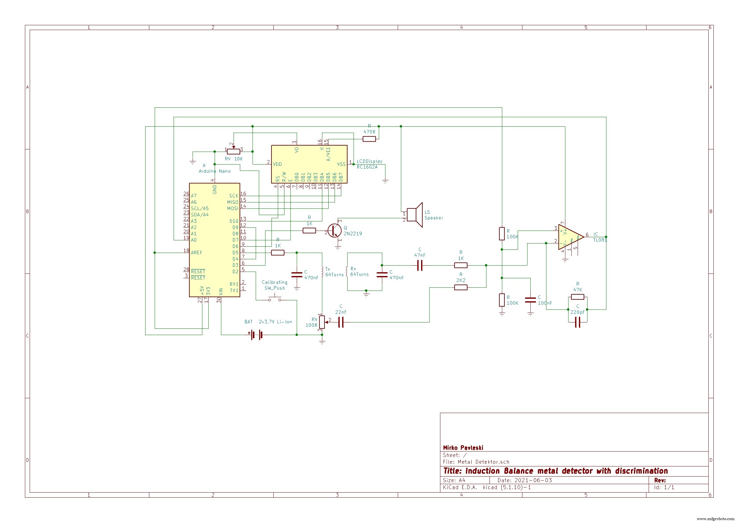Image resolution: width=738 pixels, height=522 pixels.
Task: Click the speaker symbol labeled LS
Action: [x=415, y=214]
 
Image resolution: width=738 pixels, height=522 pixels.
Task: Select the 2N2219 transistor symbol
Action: [x=335, y=231]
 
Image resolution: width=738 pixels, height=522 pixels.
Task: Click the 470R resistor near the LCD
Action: [x=369, y=139]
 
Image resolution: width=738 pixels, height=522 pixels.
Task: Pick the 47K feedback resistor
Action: [x=577, y=297]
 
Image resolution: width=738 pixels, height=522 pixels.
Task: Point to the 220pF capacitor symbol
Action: [x=577, y=322]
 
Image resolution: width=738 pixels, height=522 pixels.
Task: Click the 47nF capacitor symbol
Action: [x=420, y=265]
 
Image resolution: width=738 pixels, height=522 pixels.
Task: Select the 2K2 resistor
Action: [x=461, y=288]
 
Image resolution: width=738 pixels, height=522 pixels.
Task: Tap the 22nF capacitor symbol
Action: [x=341, y=322]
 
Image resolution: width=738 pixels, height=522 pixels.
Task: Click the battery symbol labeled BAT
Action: [x=256, y=335]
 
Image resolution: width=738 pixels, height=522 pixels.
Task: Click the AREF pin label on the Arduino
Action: [x=196, y=253]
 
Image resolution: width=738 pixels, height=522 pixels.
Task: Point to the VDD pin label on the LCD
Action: [x=277, y=164]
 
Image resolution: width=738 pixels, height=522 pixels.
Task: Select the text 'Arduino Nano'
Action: [x=214, y=171]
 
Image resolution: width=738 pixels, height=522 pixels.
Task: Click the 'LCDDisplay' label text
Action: [x=369, y=161]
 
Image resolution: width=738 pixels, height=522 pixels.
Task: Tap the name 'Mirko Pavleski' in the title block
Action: [x=463, y=448]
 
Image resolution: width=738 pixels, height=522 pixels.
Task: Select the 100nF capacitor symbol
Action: [x=530, y=300]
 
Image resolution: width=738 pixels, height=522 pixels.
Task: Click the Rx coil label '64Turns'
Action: [x=359, y=274]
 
